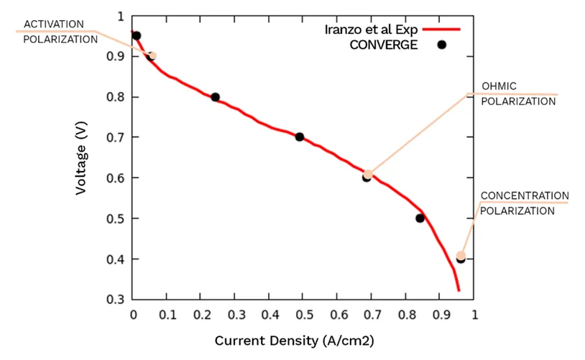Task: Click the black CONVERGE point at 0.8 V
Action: tap(215, 98)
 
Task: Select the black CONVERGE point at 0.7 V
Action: tap(299, 137)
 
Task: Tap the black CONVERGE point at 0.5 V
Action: tap(420, 218)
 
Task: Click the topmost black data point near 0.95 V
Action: tap(137, 36)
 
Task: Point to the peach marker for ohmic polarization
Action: tap(368, 174)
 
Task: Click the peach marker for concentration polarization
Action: tap(461, 256)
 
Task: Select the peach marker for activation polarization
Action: tap(152, 56)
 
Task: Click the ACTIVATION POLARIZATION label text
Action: tap(60, 32)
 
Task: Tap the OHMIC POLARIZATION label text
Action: tap(518, 93)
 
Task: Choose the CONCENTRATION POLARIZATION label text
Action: tap(524, 203)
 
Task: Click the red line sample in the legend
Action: tap(441, 29)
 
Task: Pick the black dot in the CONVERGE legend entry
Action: tap(442, 45)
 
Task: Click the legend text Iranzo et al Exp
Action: tap(371, 29)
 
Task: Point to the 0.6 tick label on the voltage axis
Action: tap(115, 178)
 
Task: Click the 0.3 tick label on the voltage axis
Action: tap(115, 299)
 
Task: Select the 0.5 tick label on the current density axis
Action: tap(305, 315)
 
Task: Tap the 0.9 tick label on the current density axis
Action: tap(441, 315)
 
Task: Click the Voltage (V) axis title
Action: tap(81, 158)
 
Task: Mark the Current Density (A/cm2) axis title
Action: tap(294, 341)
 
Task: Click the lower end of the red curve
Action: tap(459, 290)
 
